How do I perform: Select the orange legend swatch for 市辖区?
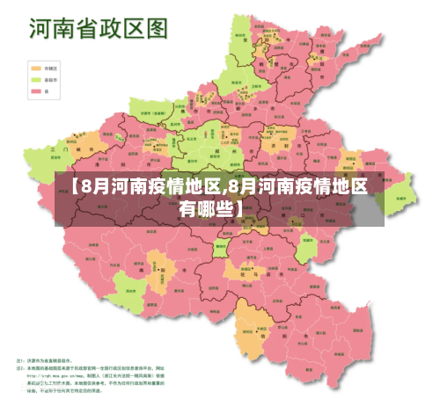pyautogui.click(x=37, y=67)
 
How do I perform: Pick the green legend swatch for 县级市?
pyautogui.click(x=37, y=78)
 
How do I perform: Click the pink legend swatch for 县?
pyautogui.click(x=37, y=90)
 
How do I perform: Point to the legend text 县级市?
pyautogui.click(x=52, y=78)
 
